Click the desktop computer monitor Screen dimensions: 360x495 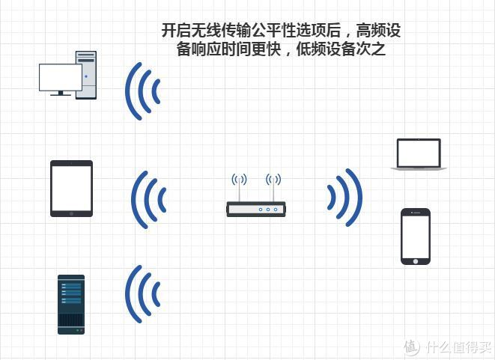click(60, 76)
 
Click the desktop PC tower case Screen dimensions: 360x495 click(86, 75)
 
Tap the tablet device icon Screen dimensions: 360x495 click(71, 189)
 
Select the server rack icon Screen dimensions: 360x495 click(71, 304)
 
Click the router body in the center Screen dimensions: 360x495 click(257, 209)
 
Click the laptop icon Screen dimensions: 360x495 click(419, 155)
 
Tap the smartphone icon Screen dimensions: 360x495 click(416, 236)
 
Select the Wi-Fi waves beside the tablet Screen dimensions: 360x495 click(148, 199)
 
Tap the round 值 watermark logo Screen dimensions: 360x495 click(411, 347)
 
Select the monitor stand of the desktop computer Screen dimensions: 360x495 click(60, 92)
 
